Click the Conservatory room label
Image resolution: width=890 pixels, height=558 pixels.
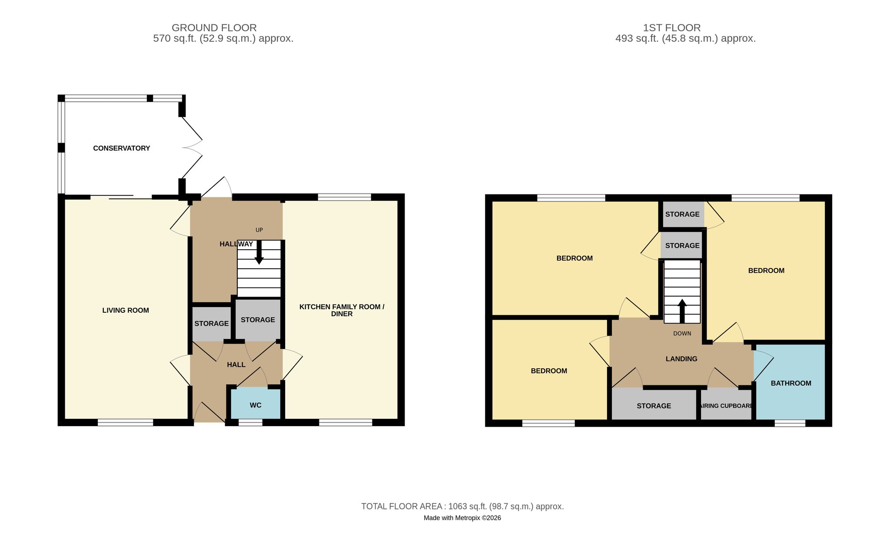[x=122, y=148]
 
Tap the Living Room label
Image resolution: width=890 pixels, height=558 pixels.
[x=126, y=311]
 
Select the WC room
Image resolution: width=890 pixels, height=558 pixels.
[x=256, y=403]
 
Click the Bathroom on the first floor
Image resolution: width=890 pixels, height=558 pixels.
[x=790, y=382]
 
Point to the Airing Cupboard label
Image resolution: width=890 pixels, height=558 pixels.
[x=726, y=406]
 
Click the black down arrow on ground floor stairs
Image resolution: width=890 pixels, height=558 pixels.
[x=259, y=252]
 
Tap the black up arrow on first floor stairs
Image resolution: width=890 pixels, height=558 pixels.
[x=682, y=311]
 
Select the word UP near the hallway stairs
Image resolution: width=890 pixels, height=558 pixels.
[x=259, y=230]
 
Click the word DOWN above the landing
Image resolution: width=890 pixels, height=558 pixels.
[x=682, y=334]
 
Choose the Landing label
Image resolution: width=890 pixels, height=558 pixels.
[x=681, y=359]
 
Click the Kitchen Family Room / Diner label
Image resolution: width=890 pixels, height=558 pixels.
[x=342, y=310]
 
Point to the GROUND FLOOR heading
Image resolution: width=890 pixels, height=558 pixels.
[x=214, y=28]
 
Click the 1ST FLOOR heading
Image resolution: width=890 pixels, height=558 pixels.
[x=672, y=28]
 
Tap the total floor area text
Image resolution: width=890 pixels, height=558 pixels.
[x=462, y=506]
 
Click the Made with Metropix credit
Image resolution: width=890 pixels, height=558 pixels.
[x=462, y=518]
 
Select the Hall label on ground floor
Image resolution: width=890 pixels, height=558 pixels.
[x=236, y=364]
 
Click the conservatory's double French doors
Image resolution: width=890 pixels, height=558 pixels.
[x=192, y=148]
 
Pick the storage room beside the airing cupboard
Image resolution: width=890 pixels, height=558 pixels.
[x=654, y=405]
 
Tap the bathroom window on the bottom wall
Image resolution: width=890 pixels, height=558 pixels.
[x=790, y=423]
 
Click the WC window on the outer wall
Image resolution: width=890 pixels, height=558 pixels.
[x=250, y=422]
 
